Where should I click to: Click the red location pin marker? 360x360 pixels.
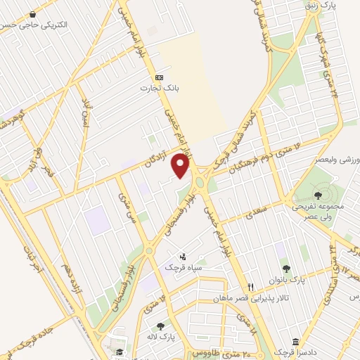click(181, 166)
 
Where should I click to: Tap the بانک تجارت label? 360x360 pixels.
click(158, 88)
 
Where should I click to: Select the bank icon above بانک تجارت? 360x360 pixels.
click(159, 77)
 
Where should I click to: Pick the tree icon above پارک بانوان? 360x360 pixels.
click(286, 267)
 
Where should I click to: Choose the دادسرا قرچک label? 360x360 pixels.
click(290, 350)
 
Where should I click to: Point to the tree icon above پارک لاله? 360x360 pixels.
click(161, 326)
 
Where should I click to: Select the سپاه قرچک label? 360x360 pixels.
click(183, 267)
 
